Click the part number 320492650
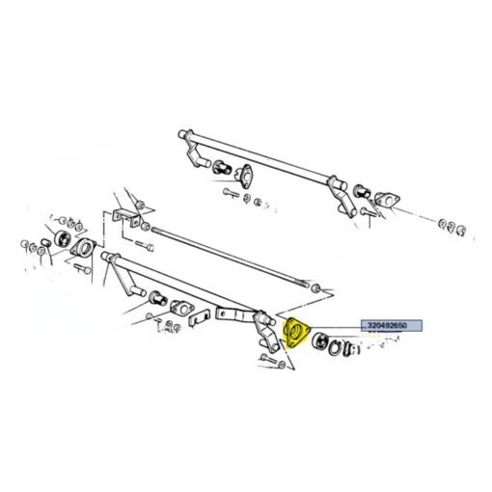coord(387,325)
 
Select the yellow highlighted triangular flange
coord(296,333)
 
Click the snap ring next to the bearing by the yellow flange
coord(335,348)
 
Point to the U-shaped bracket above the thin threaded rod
coord(126,217)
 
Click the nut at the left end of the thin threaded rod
coord(145,226)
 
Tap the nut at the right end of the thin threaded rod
coord(316,288)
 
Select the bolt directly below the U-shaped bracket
coord(145,246)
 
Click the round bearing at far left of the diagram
coord(62,239)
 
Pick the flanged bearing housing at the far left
coord(83,250)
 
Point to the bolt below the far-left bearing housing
coord(82,269)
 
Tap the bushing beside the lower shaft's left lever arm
coord(158,298)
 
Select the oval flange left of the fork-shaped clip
coord(181,309)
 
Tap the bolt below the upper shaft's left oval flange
coord(231,193)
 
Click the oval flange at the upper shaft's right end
coord(388,201)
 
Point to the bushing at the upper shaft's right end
coord(362,192)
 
